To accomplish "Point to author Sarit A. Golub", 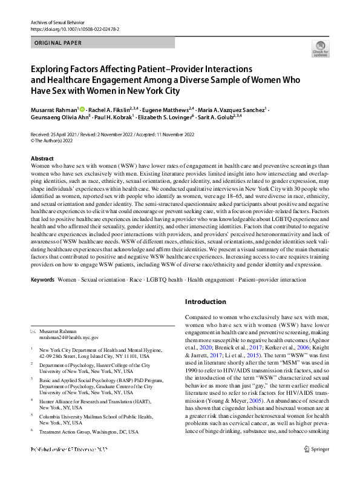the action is point(218,117).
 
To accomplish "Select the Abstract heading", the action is point(42,158).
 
